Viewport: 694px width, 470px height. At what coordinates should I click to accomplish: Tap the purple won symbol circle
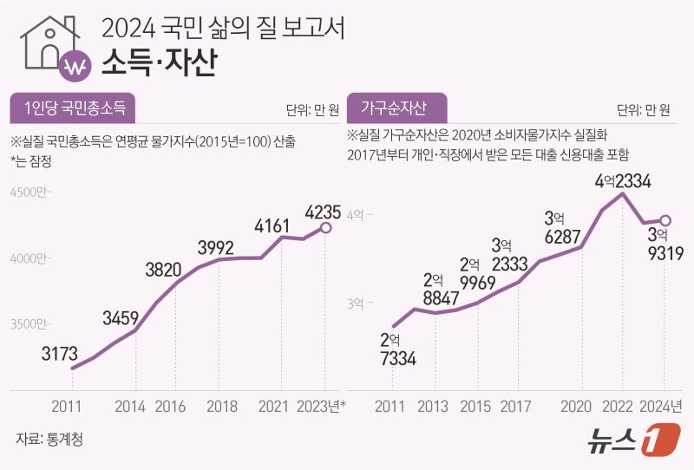(75, 66)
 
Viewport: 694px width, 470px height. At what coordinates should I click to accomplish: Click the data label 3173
(59, 353)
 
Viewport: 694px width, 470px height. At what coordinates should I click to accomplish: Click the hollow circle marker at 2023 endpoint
(324, 228)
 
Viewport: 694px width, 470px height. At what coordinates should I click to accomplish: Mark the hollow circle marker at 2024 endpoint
(665, 220)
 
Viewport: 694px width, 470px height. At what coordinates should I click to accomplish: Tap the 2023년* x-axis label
(320, 405)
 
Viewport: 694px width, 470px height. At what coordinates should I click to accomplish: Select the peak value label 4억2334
(623, 180)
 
